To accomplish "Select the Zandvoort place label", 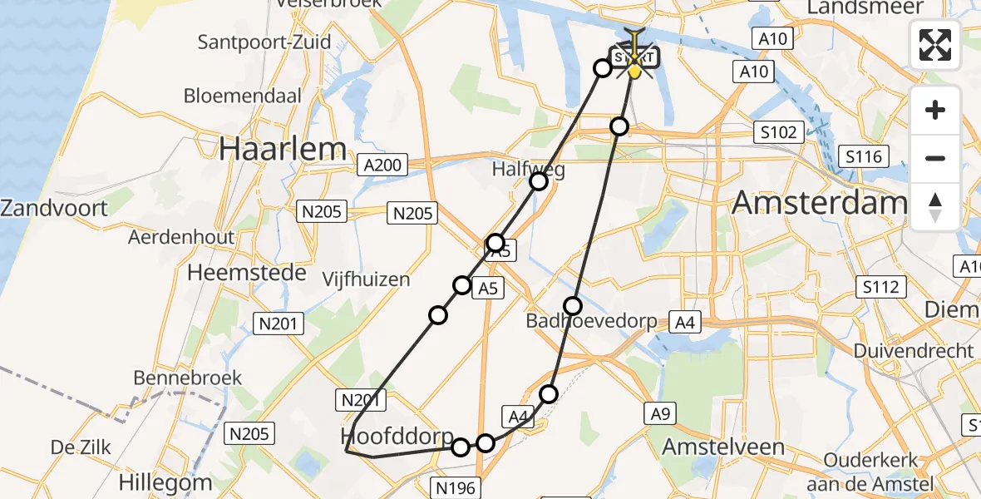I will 54,208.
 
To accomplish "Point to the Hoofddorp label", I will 397,437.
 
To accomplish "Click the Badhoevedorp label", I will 591,321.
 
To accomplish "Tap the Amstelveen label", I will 722,447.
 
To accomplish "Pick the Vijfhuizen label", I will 367,279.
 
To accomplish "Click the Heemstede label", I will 247,273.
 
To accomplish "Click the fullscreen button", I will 935,45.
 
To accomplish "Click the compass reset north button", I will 935,207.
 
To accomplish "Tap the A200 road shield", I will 382,165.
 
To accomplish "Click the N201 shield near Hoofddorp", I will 361,401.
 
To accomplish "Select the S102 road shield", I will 778,132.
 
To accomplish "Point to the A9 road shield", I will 664,411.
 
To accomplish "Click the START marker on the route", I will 635,58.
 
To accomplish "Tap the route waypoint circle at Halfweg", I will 539,181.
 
